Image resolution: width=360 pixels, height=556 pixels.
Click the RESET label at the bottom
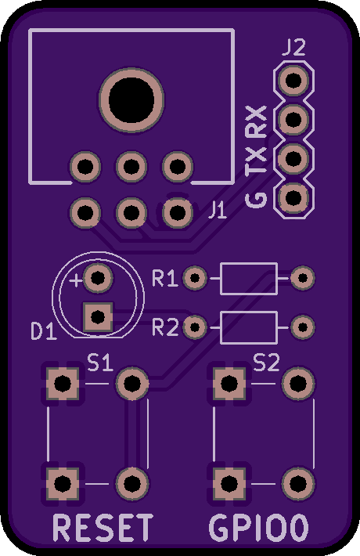tap(103, 528)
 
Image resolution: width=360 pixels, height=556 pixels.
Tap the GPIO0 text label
tap(259, 528)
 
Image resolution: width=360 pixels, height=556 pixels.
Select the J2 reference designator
tap(293, 48)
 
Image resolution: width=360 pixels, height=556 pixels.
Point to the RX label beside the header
tap(256, 121)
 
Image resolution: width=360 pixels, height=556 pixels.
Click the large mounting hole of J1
tap(131, 100)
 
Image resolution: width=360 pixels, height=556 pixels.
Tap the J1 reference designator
tap(218, 211)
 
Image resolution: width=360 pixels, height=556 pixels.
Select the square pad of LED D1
tap(98, 317)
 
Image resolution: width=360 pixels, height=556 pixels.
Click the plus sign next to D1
tap(76, 280)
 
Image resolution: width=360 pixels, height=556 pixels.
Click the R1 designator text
tap(164, 278)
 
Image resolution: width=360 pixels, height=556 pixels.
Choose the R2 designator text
tap(165, 327)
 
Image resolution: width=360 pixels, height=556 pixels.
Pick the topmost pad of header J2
tap(293, 81)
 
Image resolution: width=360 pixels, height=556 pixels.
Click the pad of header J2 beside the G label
tap(293, 198)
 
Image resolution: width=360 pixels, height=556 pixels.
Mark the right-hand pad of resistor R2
tap(303, 327)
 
